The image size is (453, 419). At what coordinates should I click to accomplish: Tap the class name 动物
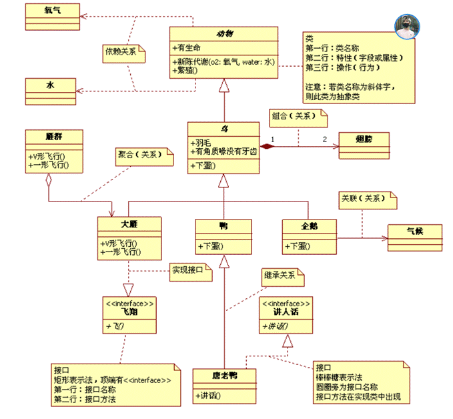click(x=223, y=34)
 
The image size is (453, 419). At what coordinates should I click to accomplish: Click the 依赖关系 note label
click(x=124, y=51)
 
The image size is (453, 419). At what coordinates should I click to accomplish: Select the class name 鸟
click(x=223, y=129)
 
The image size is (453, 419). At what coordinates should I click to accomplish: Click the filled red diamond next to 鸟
click(x=268, y=145)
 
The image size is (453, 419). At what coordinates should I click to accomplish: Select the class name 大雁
click(x=129, y=224)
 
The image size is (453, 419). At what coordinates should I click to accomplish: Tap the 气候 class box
click(x=416, y=232)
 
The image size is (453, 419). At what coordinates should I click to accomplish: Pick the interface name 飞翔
click(x=129, y=311)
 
